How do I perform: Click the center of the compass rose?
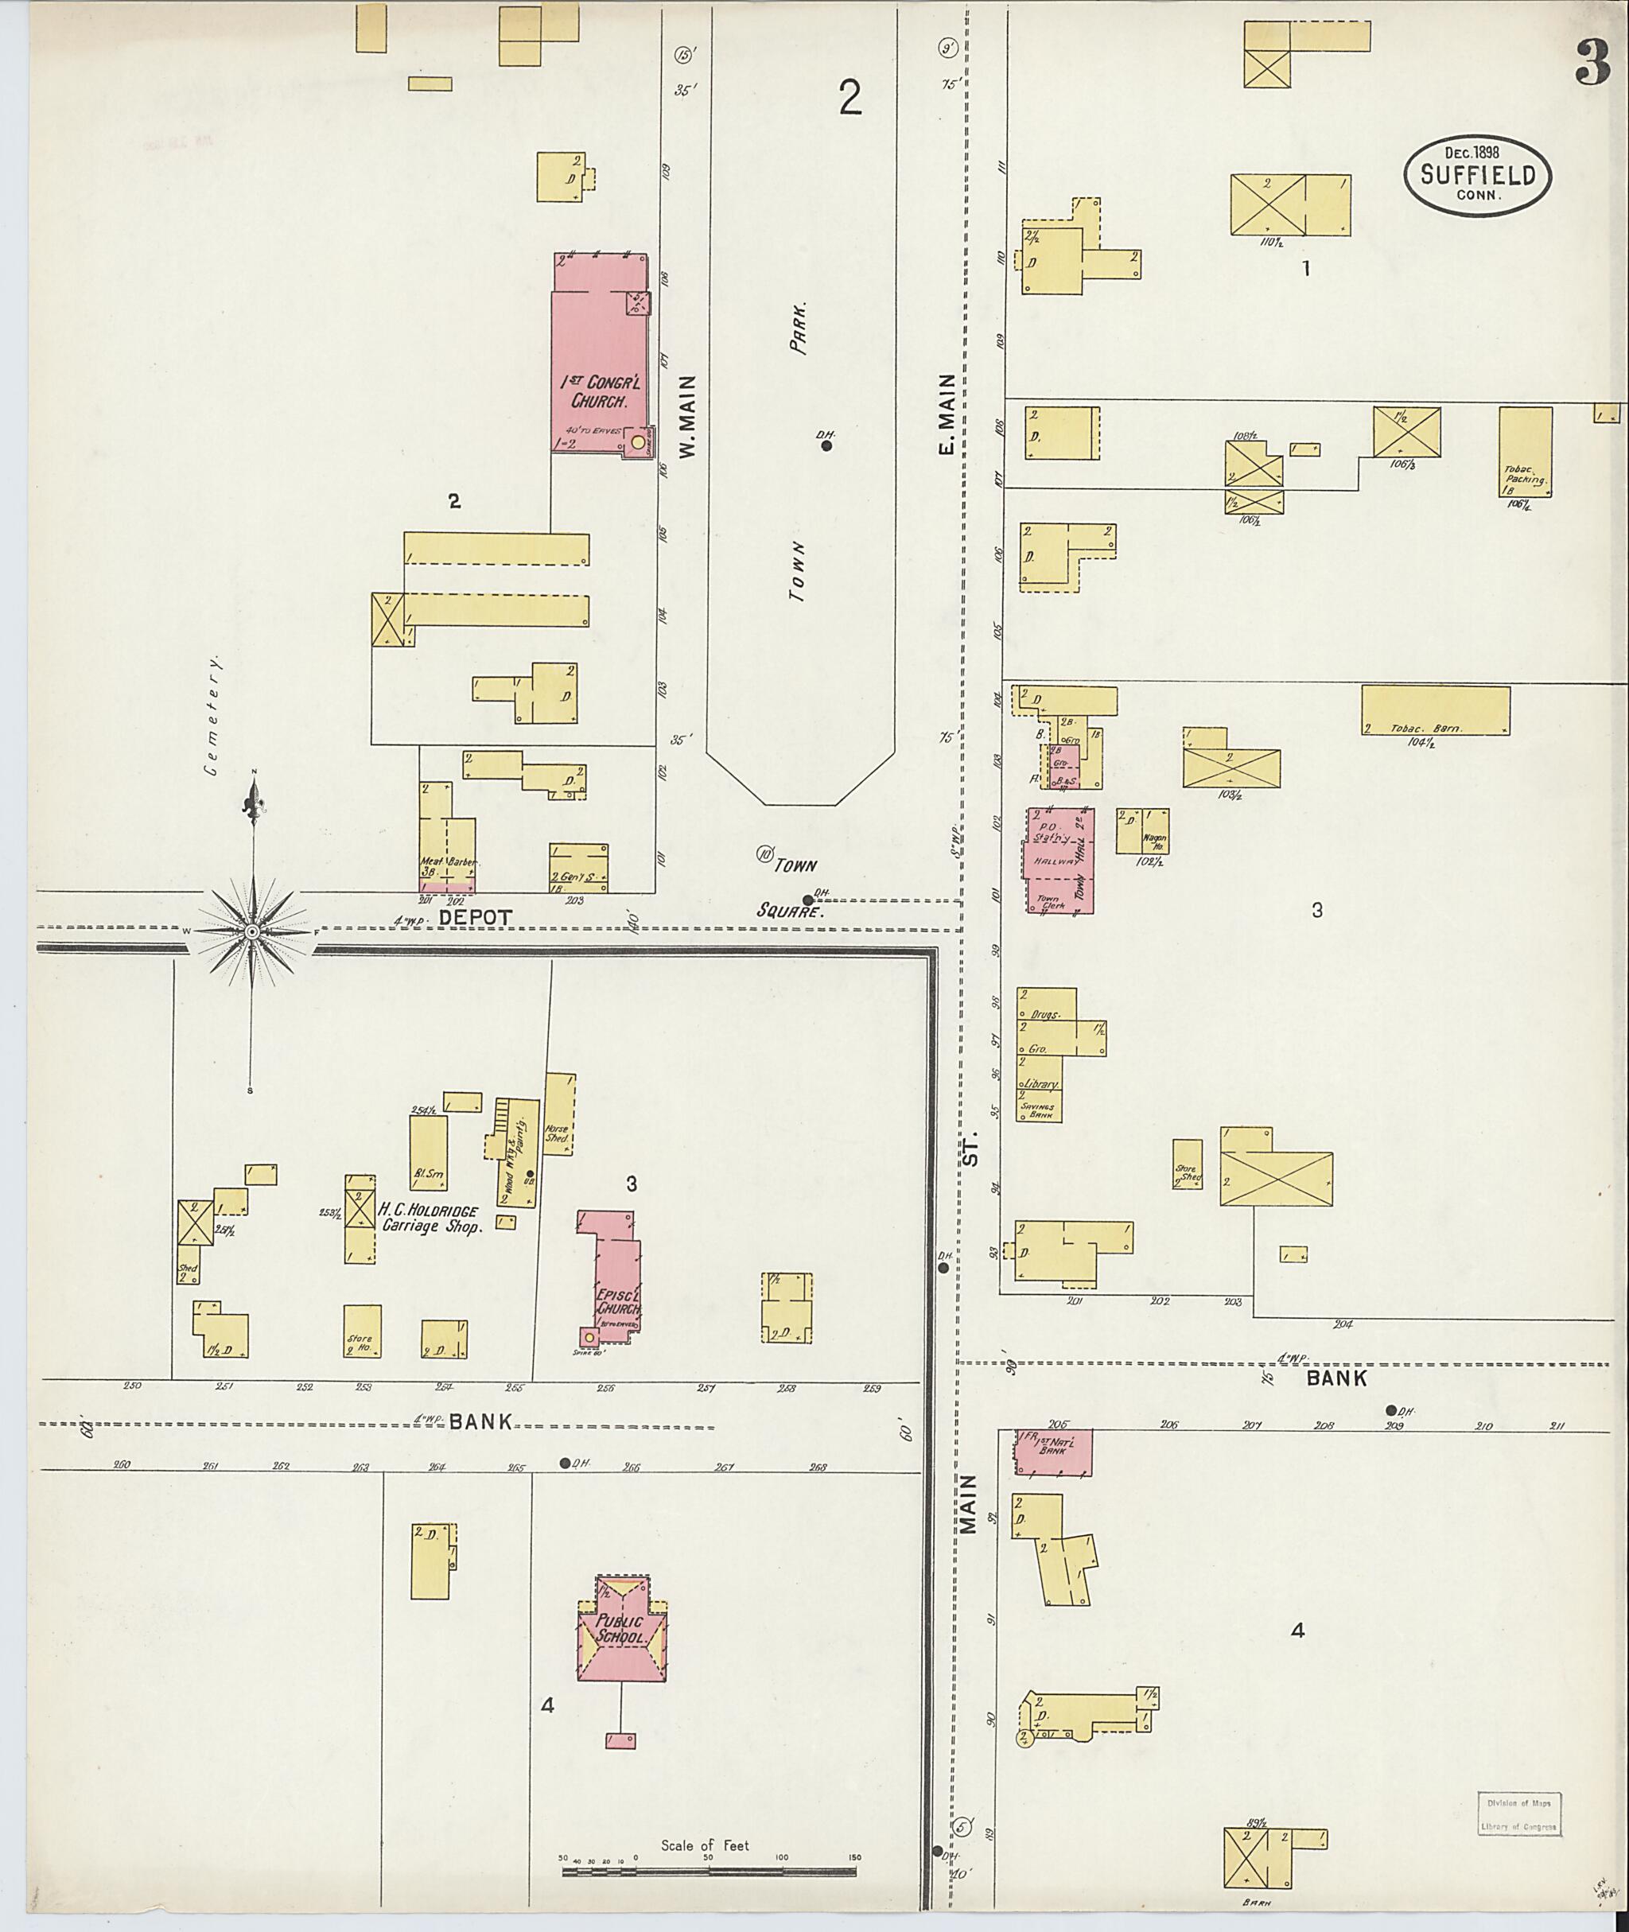click(x=251, y=933)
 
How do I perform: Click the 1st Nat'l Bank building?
click(x=1054, y=1451)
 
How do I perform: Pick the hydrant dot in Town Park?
click(x=826, y=446)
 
